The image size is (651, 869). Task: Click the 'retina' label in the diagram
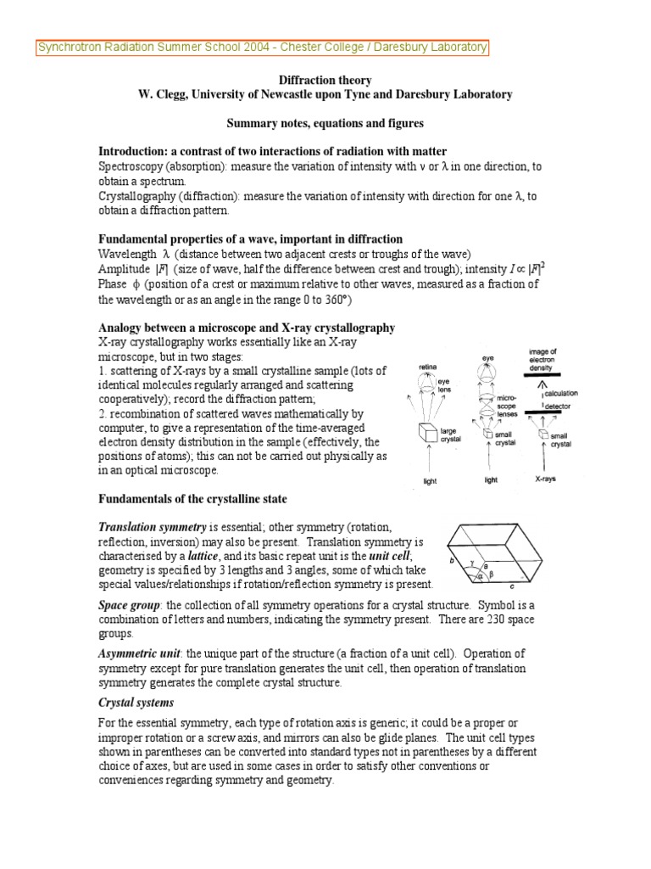click(426, 367)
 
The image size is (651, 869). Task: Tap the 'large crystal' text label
click(451, 436)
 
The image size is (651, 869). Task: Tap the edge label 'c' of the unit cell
click(512, 586)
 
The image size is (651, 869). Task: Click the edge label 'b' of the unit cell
click(454, 561)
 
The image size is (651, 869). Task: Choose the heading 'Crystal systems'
click(136, 704)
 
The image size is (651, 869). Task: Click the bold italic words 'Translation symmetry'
click(153, 527)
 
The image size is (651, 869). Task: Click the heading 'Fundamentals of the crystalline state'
click(192, 498)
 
